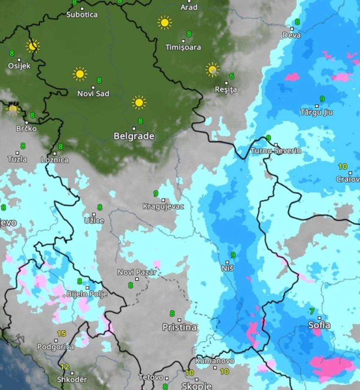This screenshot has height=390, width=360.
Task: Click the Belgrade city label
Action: [x=134, y=136]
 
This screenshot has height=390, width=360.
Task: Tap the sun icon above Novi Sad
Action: [x=79, y=74]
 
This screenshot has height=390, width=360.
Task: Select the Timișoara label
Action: [x=183, y=47]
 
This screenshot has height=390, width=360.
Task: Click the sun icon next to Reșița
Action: [x=212, y=70]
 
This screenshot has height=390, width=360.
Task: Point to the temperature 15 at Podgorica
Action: [x=61, y=334]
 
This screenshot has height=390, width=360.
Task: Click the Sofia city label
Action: [x=319, y=326]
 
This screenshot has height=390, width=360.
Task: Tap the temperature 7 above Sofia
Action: [x=312, y=312]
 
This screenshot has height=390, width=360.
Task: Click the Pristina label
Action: [x=180, y=327]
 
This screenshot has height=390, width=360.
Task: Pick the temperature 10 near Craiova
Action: [x=343, y=167]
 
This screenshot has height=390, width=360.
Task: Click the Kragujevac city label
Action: [x=163, y=207]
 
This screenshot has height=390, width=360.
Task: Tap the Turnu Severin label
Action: [x=276, y=151]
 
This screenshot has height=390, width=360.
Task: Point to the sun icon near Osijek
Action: [x=33, y=46]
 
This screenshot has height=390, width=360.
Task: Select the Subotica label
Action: [x=82, y=15]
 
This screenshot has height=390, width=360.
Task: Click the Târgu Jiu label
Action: [x=316, y=112]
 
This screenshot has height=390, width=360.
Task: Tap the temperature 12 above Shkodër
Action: [x=64, y=367]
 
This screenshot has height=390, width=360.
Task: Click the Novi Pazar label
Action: [x=137, y=272]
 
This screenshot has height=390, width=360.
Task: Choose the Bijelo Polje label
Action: [x=87, y=294]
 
